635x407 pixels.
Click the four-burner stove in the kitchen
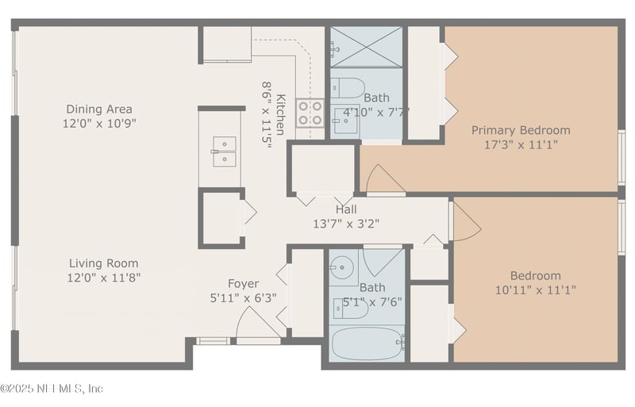[310, 113]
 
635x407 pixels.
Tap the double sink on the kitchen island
[223, 150]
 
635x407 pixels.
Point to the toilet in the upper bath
[348, 86]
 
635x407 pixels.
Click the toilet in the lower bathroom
[349, 309]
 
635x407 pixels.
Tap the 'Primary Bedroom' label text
[520, 130]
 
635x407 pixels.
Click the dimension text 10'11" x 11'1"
[536, 290]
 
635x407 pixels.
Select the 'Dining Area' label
[99, 109]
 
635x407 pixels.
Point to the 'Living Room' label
[103, 263]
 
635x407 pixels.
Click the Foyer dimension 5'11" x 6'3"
[244, 298]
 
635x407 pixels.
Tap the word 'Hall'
[346, 209]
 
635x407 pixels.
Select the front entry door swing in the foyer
[256, 324]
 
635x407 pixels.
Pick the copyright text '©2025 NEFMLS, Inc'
[52, 389]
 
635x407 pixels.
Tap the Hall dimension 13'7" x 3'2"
[346, 224]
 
